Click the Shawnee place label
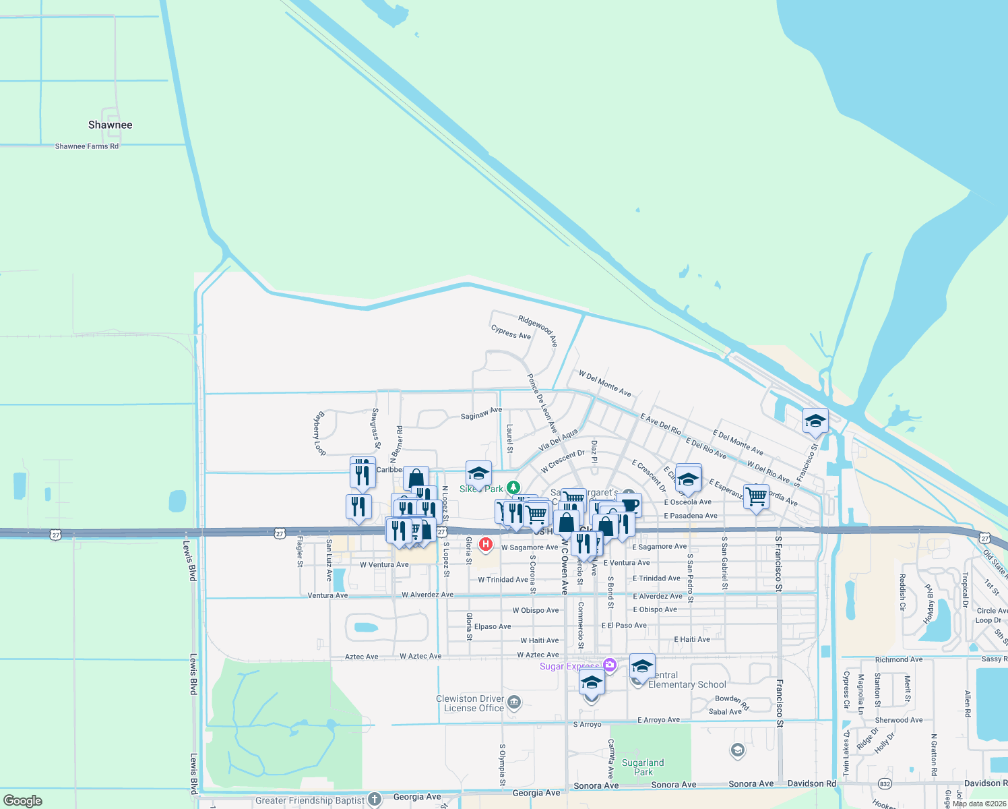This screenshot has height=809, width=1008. tap(111, 125)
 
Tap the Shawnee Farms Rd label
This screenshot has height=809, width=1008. tap(86, 146)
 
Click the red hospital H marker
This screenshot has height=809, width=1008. tap(485, 543)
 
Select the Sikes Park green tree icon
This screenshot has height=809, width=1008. tap(513, 487)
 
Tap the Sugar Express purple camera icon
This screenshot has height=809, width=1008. tap(610, 665)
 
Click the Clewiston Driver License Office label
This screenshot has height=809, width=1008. tap(470, 703)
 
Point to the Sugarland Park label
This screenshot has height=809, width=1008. tap(643, 767)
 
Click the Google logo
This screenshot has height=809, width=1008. tap(23, 801)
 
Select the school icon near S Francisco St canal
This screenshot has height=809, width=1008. tap(815, 421)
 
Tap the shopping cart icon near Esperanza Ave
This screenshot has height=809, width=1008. tap(756, 496)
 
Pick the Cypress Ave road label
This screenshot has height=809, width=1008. tap(511, 332)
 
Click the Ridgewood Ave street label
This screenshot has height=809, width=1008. tap(538, 330)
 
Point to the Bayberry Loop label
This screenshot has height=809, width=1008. tap(319, 433)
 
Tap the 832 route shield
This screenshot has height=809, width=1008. tap(885, 783)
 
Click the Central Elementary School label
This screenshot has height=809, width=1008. tap(687, 680)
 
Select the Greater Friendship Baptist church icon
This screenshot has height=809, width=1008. tap(375, 800)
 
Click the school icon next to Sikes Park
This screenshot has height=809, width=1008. tap(478, 473)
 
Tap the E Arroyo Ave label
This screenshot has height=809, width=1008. tap(658, 720)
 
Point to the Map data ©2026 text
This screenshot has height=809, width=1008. tap(979, 804)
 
